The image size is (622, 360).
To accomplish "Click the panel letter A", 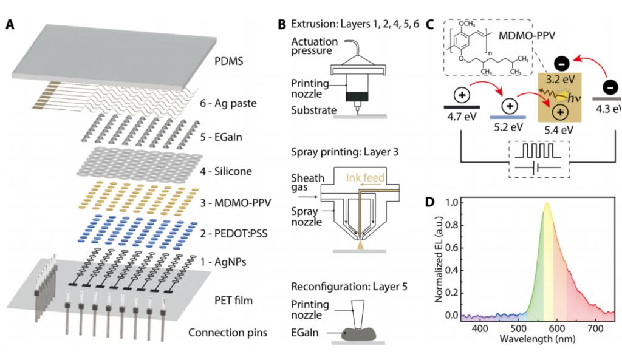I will pos(11,25).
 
